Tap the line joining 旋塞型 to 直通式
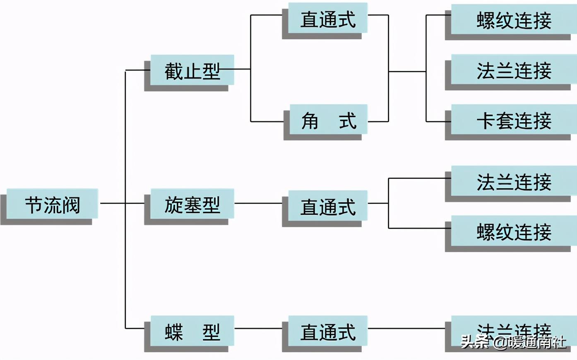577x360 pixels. tap(258, 203)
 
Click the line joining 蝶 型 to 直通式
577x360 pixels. tap(258, 329)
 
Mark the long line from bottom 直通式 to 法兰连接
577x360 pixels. tap(406, 329)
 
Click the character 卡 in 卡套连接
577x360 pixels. tap(486, 121)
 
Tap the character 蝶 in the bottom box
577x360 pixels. tap(173, 332)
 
